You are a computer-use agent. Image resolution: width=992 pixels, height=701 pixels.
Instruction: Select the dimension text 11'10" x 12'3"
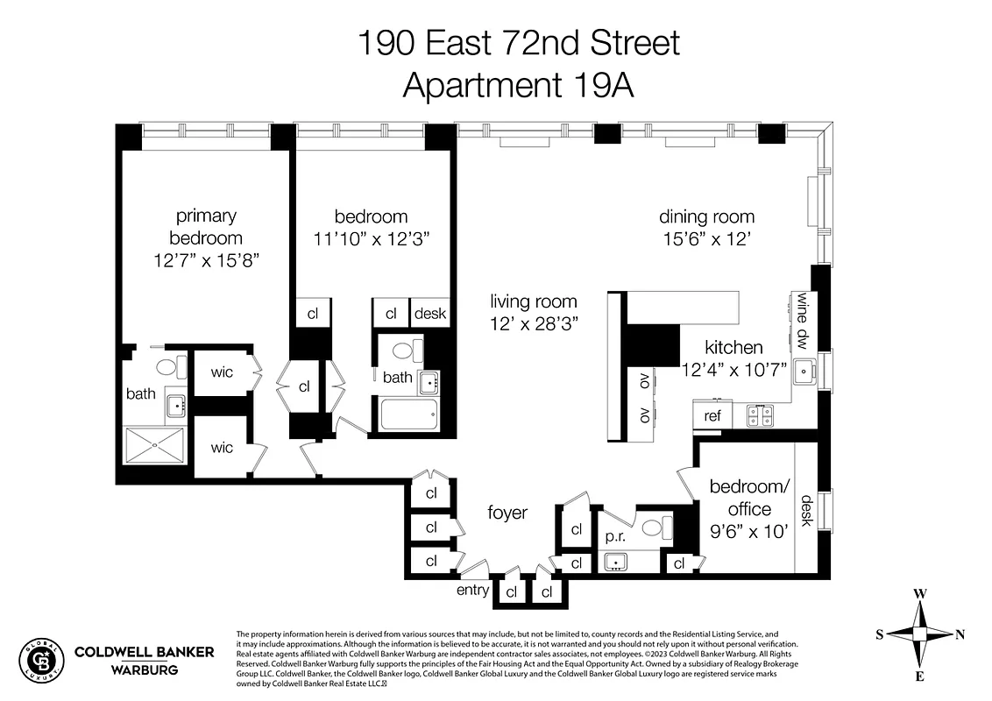point(371,238)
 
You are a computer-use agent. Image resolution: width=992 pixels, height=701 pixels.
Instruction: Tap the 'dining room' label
point(706,216)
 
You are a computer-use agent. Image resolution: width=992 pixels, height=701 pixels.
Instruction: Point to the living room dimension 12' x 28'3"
point(534,324)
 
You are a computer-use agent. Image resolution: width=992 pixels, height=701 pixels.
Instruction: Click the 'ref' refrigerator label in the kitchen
point(712,415)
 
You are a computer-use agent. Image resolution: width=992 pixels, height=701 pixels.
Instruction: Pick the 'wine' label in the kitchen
point(802,308)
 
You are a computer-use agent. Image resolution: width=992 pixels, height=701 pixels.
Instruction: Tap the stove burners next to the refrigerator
point(760,415)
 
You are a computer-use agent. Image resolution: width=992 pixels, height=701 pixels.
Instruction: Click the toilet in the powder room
point(658,528)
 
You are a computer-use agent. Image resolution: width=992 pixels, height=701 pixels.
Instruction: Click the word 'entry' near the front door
point(472,590)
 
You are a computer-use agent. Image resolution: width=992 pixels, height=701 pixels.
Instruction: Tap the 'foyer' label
point(507,513)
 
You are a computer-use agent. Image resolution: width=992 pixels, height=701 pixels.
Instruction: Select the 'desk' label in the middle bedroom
point(430,314)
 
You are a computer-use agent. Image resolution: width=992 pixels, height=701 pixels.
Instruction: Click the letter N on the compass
point(960,634)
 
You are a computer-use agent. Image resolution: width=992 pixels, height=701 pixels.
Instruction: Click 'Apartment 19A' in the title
point(517,86)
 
